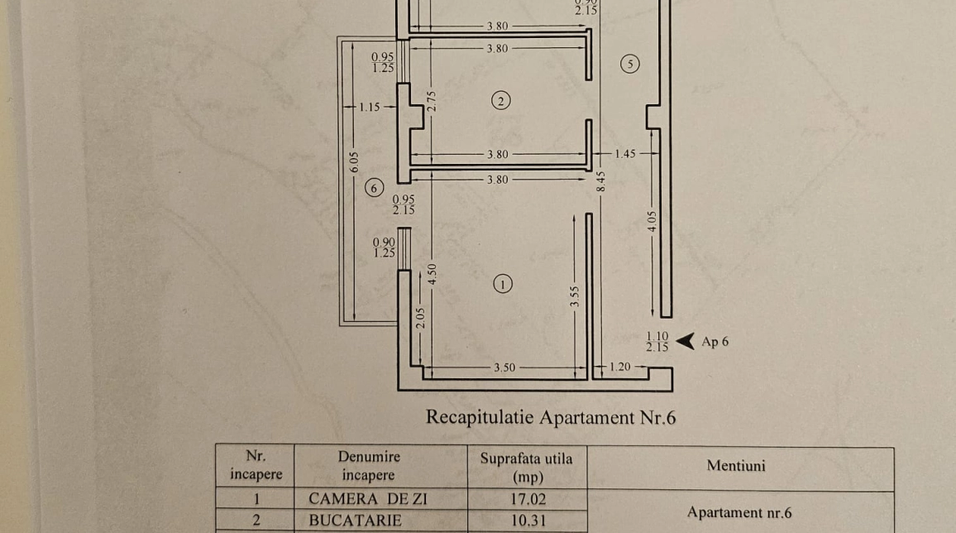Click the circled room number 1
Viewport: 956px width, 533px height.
click(502, 284)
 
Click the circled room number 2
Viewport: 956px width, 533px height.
click(500, 101)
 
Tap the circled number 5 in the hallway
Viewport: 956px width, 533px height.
click(630, 64)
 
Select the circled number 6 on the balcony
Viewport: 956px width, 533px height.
click(375, 188)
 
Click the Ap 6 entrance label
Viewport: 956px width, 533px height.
click(715, 341)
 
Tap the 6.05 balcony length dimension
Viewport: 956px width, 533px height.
click(353, 162)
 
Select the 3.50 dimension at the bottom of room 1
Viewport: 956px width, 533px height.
click(504, 367)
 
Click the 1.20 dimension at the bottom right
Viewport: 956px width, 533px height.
click(620, 367)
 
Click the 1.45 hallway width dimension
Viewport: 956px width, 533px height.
click(625, 154)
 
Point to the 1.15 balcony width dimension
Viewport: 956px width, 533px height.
click(369, 107)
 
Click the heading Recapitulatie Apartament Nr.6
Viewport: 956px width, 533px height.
click(551, 417)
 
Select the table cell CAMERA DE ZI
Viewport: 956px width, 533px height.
click(368, 499)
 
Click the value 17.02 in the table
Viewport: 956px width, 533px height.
click(529, 499)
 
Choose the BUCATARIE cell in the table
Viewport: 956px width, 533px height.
click(355, 521)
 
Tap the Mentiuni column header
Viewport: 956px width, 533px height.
click(736, 466)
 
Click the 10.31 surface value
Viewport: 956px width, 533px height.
click(529, 521)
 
